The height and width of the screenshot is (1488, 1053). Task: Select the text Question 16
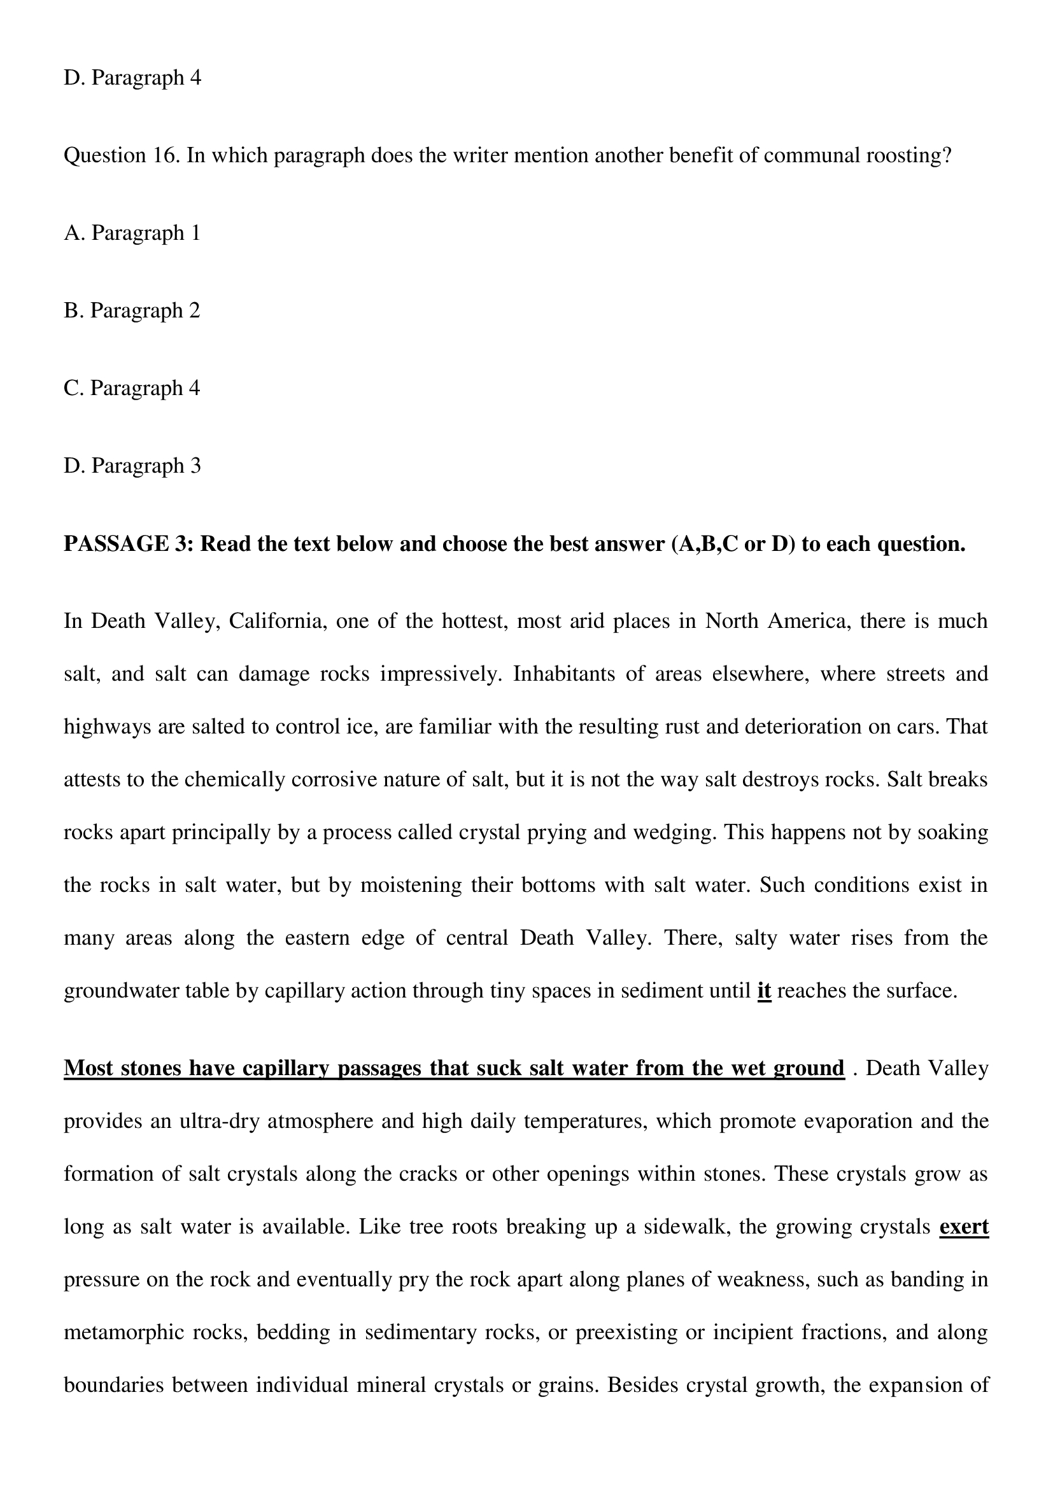(121, 155)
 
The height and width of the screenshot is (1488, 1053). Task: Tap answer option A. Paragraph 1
(132, 233)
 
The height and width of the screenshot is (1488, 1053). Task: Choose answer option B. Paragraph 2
(132, 310)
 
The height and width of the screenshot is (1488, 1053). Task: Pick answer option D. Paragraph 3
(132, 465)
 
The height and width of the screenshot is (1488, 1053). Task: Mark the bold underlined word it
(764, 991)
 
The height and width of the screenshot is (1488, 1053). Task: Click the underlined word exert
(963, 1227)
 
